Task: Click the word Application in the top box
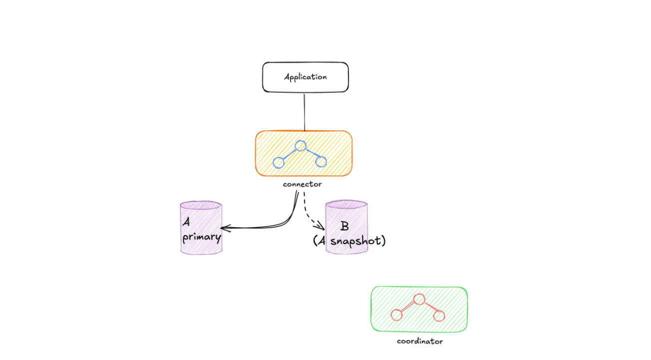click(305, 77)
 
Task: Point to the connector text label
click(302, 184)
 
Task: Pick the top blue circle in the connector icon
click(300, 146)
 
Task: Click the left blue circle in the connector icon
click(279, 162)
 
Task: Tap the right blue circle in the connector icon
click(321, 162)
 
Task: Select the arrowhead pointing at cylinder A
click(223, 228)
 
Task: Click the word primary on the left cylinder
click(202, 237)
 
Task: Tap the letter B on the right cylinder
click(344, 226)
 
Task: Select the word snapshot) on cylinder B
click(358, 241)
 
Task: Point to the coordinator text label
click(419, 342)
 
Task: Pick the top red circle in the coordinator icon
click(419, 300)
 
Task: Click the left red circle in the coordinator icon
click(396, 315)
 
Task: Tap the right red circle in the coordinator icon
click(439, 316)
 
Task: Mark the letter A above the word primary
click(186, 222)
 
